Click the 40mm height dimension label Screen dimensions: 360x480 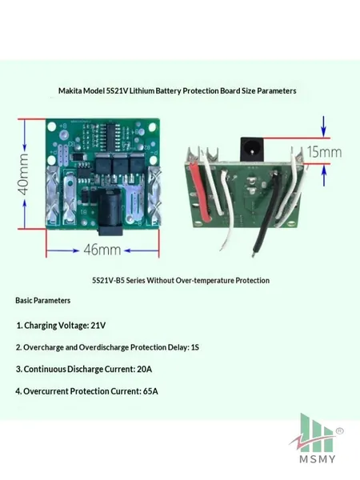coord(23,174)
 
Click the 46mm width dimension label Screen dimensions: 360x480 coord(102,250)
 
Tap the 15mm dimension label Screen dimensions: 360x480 coord(324,151)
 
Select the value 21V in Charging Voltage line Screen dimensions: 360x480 coord(98,325)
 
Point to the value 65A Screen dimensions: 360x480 coord(150,391)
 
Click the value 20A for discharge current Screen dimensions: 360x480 coord(144,369)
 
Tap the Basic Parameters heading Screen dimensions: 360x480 coord(43,301)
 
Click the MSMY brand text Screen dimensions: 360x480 coord(318,459)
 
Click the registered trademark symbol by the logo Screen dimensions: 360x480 coord(340,430)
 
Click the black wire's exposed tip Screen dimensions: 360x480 coord(254,254)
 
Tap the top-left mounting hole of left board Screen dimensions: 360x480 coord(52,126)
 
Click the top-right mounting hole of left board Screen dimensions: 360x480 coord(152,126)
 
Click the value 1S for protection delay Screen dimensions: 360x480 coord(194,347)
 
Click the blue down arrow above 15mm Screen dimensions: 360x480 coord(324,126)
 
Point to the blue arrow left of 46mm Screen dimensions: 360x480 coord(62,250)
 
